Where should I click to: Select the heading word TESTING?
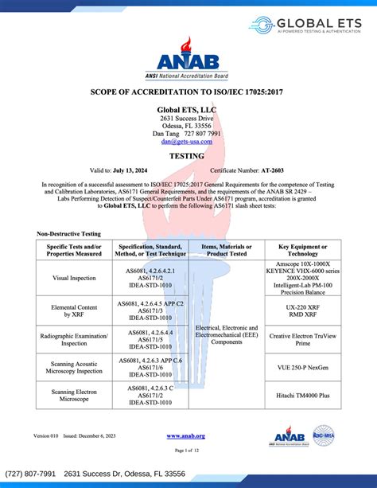tap(187, 157)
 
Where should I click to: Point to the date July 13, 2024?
tap(130, 171)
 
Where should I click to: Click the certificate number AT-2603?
tap(272, 171)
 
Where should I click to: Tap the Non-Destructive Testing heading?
tap(68, 233)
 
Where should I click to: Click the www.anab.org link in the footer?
tap(186, 436)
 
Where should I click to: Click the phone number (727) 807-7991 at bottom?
tap(31, 474)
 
